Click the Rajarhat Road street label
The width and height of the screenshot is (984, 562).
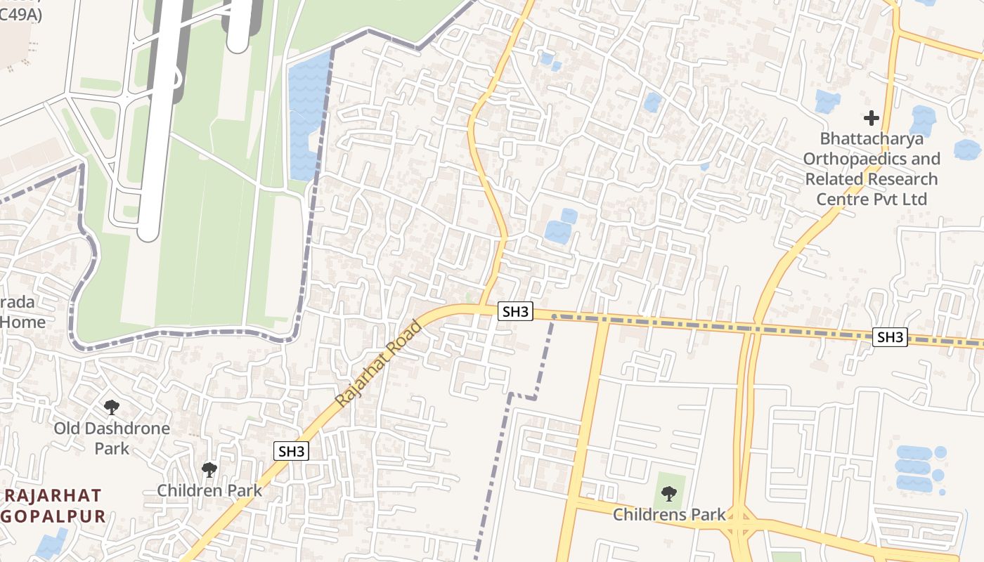pyautogui.click(x=378, y=364)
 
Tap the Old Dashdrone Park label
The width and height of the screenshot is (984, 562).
pyautogui.click(x=112, y=438)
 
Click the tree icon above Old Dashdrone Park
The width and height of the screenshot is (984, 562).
pyautogui.click(x=111, y=407)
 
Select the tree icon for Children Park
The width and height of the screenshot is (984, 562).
pyautogui.click(x=209, y=469)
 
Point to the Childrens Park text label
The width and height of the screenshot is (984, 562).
pyautogui.click(x=669, y=515)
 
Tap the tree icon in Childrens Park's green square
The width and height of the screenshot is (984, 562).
pyautogui.click(x=669, y=494)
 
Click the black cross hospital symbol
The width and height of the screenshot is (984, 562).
pyautogui.click(x=872, y=117)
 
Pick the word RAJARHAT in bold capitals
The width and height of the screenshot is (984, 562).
pyautogui.click(x=53, y=495)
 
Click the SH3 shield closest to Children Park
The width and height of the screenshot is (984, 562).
pyautogui.click(x=291, y=451)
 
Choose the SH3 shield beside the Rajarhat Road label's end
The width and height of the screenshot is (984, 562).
pyautogui.click(x=515, y=311)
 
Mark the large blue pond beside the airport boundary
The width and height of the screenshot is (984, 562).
pyautogui.click(x=308, y=116)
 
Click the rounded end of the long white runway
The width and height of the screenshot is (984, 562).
pyautogui.click(x=149, y=230)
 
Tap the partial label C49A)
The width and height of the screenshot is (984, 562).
pyautogui.click(x=20, y=14)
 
